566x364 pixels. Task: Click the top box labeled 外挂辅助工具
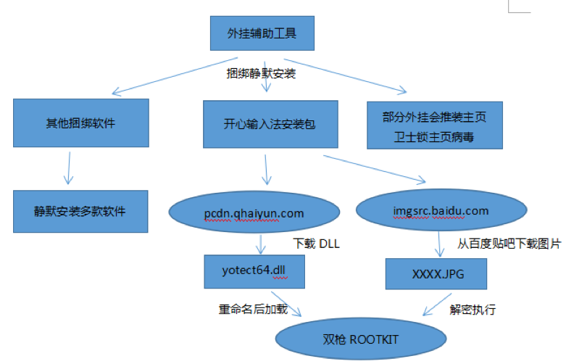(262, 33)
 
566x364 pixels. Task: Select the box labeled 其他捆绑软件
(81, 123)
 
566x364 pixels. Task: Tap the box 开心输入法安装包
(270, 124)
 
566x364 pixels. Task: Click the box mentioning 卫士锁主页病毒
(435, 125)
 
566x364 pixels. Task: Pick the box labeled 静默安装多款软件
(80, 211)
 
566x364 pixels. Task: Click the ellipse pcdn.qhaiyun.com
(254, 212)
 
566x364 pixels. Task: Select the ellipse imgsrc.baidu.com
(441, 210)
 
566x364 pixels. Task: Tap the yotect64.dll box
(254, 272)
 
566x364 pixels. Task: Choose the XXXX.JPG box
(436, 273)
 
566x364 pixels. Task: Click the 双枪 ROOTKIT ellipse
(361, 339)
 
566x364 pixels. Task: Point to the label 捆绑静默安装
(261, 74)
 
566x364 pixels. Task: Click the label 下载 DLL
(316, 244)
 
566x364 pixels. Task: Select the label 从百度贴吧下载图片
(509, 244)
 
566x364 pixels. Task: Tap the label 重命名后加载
(253, 309)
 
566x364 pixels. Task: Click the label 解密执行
(473, 310)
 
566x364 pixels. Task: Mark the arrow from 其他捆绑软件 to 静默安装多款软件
(69, 168)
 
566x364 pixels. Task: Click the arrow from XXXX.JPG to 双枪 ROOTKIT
(437, 305)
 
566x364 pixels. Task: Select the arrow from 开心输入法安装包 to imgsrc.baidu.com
(375, 170)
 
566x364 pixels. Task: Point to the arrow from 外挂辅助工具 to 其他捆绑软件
(175, 76)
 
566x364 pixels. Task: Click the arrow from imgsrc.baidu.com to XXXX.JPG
(439, 244)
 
